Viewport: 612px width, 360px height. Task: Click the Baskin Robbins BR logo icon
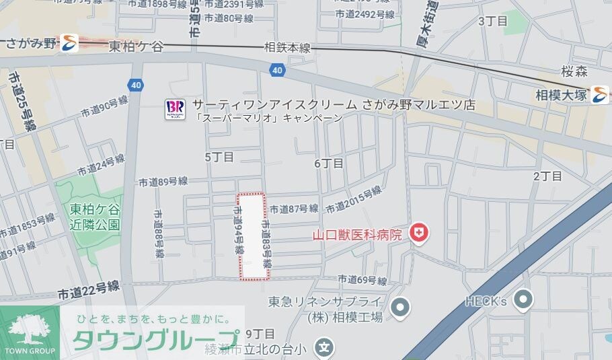[x=174, y=108]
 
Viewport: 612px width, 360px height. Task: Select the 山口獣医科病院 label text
[x=357, y=236]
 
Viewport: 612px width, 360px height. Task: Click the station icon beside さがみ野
[x=69, y=44]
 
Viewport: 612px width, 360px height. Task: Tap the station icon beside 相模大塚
[x=599, y=94]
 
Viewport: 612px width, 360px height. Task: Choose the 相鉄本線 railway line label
[x=287, y=48]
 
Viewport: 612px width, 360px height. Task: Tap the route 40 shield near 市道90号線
[x=135, y=85]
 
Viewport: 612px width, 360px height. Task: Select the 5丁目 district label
[x=219, y=157]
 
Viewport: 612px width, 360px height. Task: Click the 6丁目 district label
[x=329, y=164]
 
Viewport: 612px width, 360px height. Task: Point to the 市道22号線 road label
[x=88, y=290]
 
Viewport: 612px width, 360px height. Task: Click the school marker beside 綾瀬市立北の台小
[x=325, y=349]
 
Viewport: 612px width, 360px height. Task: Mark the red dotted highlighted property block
[x=254, y=236]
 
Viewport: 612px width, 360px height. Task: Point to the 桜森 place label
[x=575, y=70]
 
